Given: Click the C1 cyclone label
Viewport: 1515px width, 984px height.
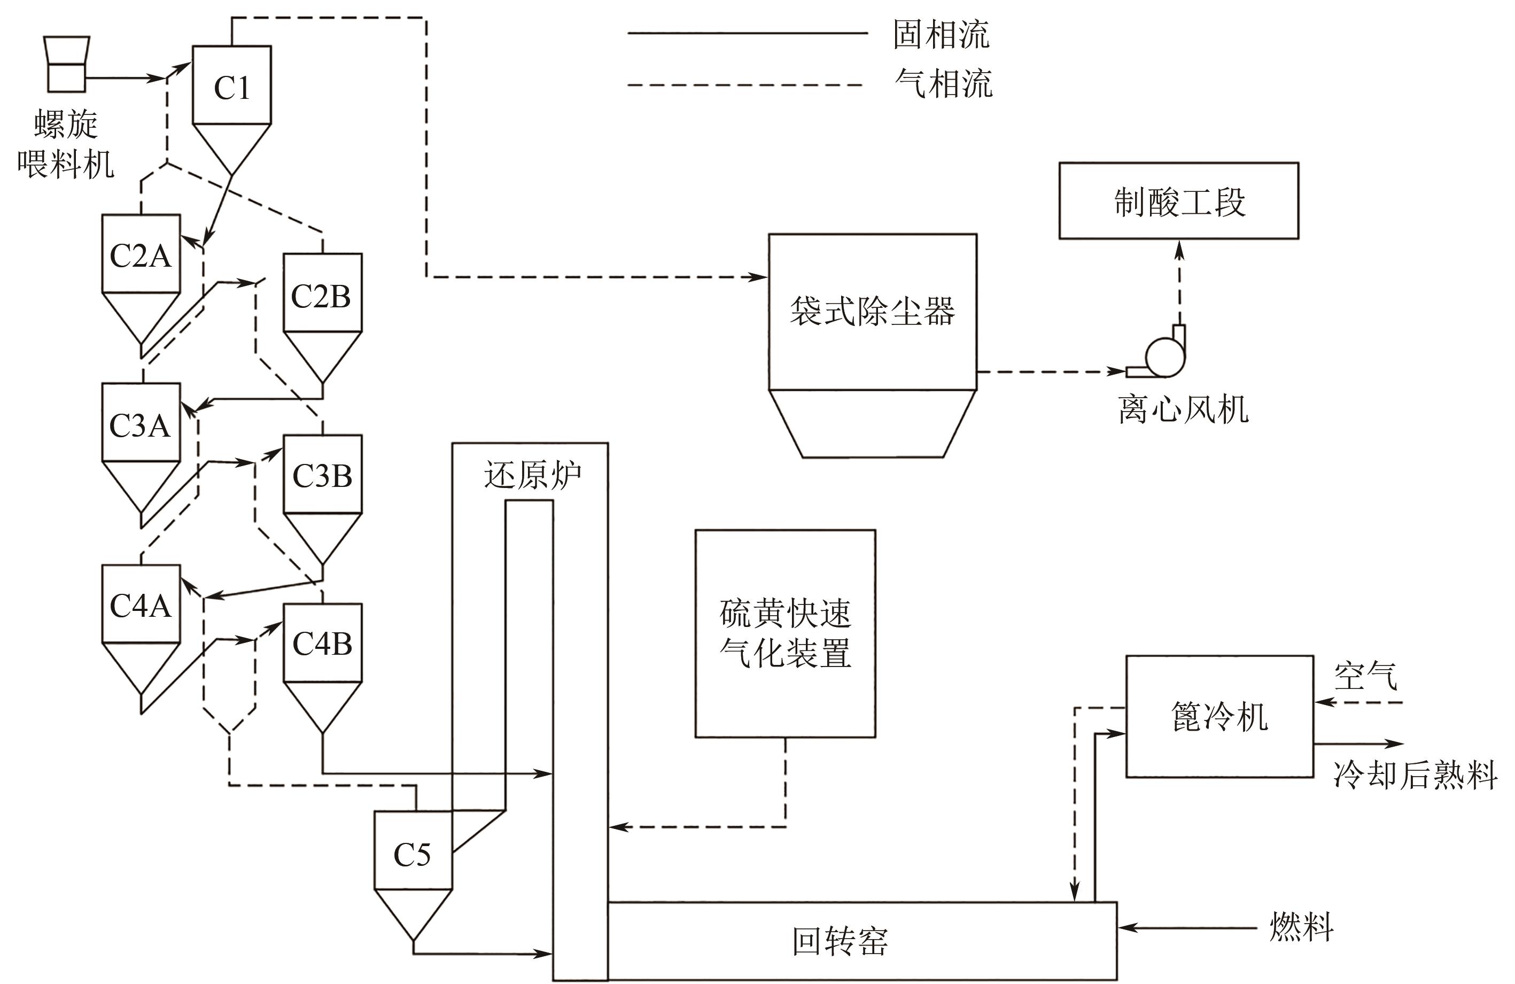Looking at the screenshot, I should click(232, 88).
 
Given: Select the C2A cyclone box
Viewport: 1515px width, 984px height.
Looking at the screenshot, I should click(141, 254).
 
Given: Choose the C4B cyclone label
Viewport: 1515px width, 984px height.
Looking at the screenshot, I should click(322, 644).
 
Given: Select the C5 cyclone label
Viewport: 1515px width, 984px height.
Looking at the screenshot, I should click(412, 854).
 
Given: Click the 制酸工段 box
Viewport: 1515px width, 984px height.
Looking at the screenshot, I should click(1178, 201).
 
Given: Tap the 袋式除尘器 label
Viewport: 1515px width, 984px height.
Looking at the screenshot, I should click(872, 311).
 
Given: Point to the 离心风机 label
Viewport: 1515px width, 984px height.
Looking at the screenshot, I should click(1183, 409).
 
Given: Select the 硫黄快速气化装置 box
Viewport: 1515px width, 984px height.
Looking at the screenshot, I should click(785, 633).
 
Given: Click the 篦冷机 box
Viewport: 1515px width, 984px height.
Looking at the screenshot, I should click(1219, 717).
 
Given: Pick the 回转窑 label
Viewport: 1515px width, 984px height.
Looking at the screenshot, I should click(840, 941).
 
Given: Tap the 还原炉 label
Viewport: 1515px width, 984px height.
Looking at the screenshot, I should click(532, 475).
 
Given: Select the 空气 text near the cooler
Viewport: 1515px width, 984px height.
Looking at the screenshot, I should click(1365, 676).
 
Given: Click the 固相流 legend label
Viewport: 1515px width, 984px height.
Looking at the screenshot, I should click(941, 34).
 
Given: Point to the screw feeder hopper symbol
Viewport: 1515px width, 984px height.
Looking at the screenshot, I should click(67, 64).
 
